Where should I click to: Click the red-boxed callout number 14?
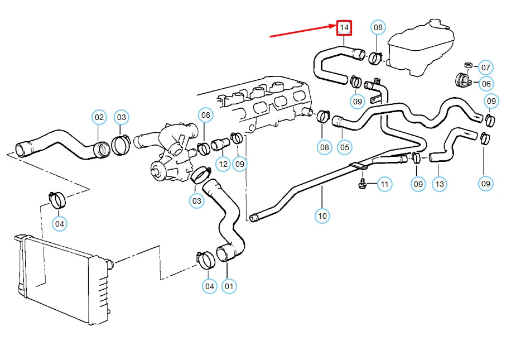(x=344, y=27)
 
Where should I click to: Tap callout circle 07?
(x=485, y=68)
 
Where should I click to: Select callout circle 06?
(x=485, y=84)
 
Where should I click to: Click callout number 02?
(x=99, y=117)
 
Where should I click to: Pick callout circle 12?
(x=223, y=164)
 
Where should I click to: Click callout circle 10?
(x=322, y=215)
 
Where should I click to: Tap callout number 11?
(x=384, y=183)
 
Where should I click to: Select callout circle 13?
(x=440, y=183)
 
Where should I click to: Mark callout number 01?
(x=228, y=286)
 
